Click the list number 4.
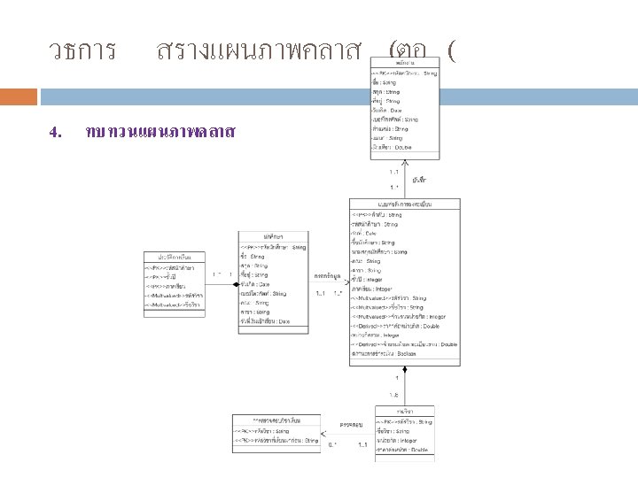tap(54, 133)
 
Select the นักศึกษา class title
tap(272, 236)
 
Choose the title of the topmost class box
tap(405, 63)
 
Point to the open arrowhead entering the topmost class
tap(405, 162)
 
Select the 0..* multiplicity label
tap(333, 444)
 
